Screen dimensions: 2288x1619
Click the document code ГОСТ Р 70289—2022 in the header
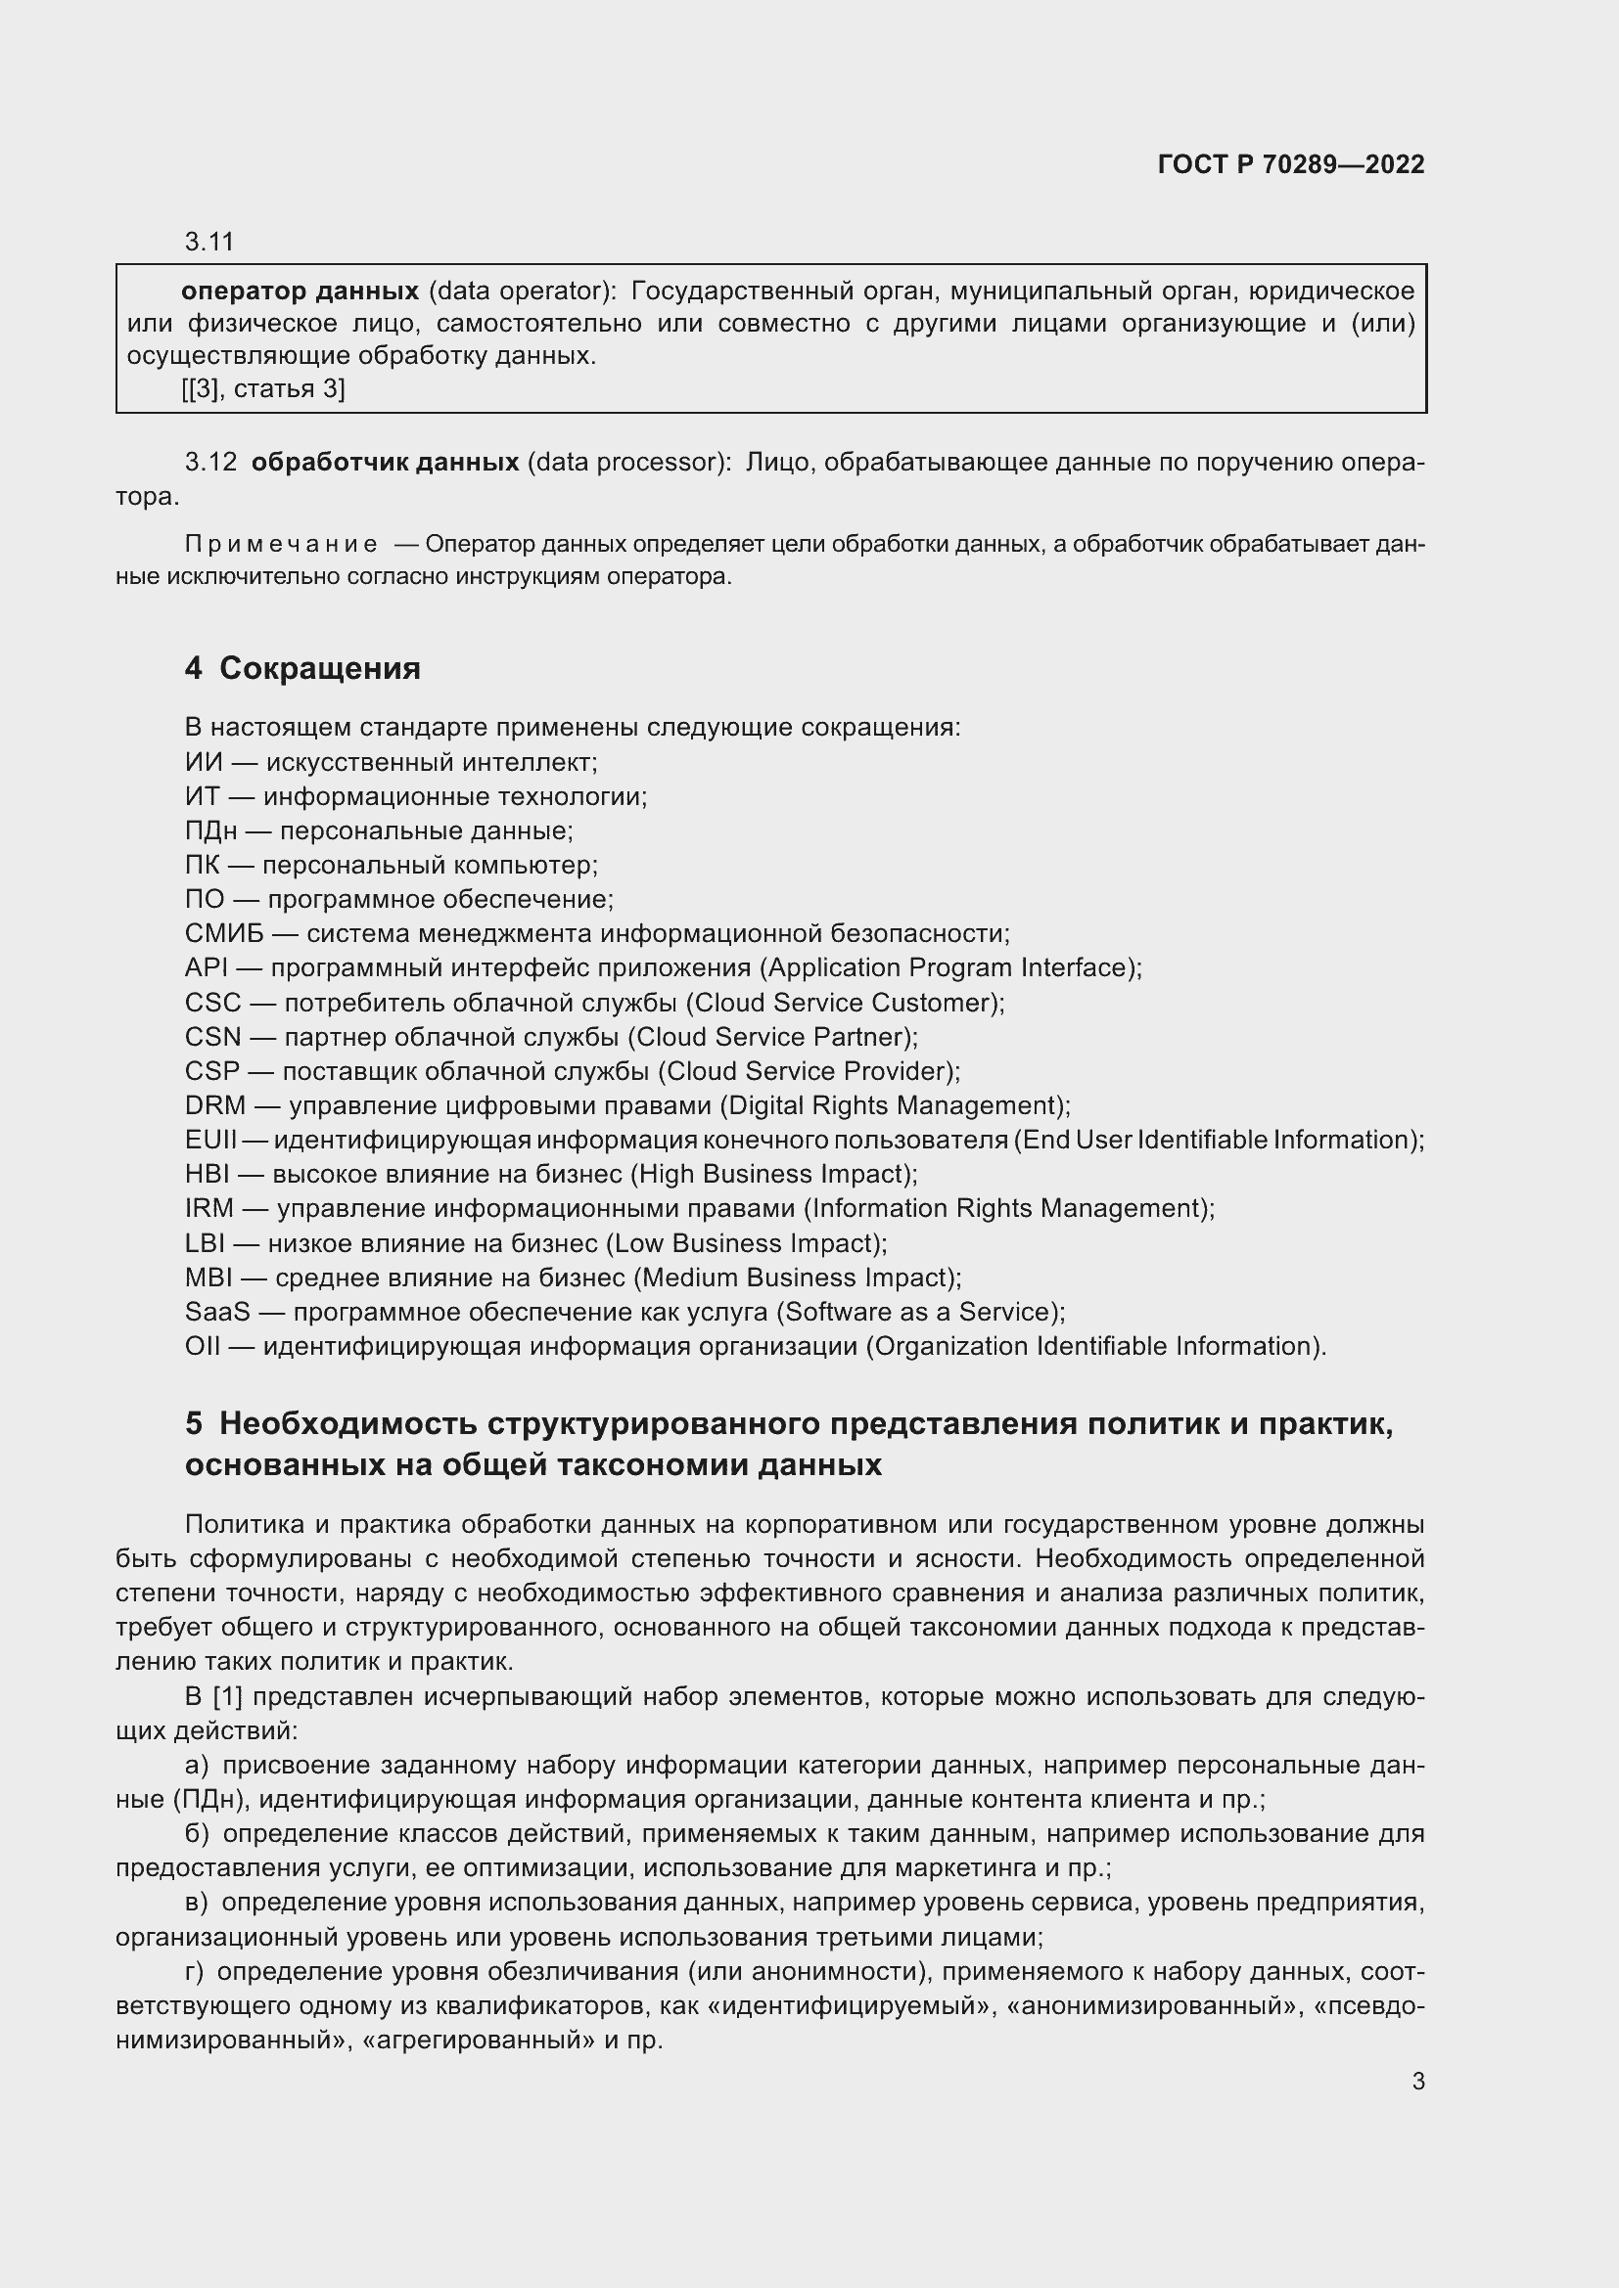1291,164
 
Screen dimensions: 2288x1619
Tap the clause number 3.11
208,242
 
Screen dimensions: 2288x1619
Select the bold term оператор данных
300,291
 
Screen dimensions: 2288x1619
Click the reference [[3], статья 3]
263,388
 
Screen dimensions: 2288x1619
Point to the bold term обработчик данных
385,463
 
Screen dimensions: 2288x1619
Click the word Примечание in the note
280,544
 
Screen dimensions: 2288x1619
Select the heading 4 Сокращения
302,668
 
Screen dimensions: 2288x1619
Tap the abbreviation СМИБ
224,934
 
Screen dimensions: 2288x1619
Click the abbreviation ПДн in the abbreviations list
210,831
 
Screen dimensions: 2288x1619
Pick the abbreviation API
207,967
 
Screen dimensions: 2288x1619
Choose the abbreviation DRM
214,1105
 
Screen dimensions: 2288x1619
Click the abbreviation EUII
210,1139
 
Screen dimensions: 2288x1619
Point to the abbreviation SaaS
217,1312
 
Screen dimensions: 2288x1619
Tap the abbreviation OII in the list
203,1346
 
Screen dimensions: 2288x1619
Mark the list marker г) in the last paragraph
195,1972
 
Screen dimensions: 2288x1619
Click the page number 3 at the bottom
1417,2081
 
